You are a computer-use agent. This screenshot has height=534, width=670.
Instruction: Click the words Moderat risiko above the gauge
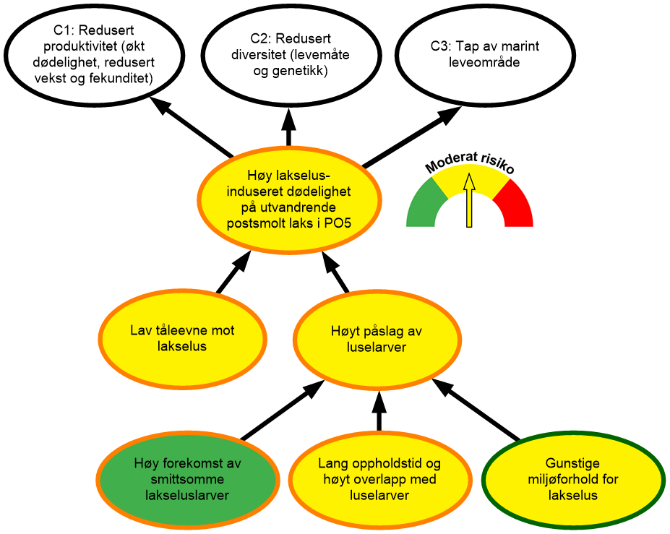click(469, 163)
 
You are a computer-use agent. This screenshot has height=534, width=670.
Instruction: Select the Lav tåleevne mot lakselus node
click(182, 339)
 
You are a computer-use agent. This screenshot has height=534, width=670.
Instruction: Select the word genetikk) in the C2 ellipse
click(304, 71)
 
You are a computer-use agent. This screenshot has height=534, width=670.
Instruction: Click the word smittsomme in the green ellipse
click(187, 479)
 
